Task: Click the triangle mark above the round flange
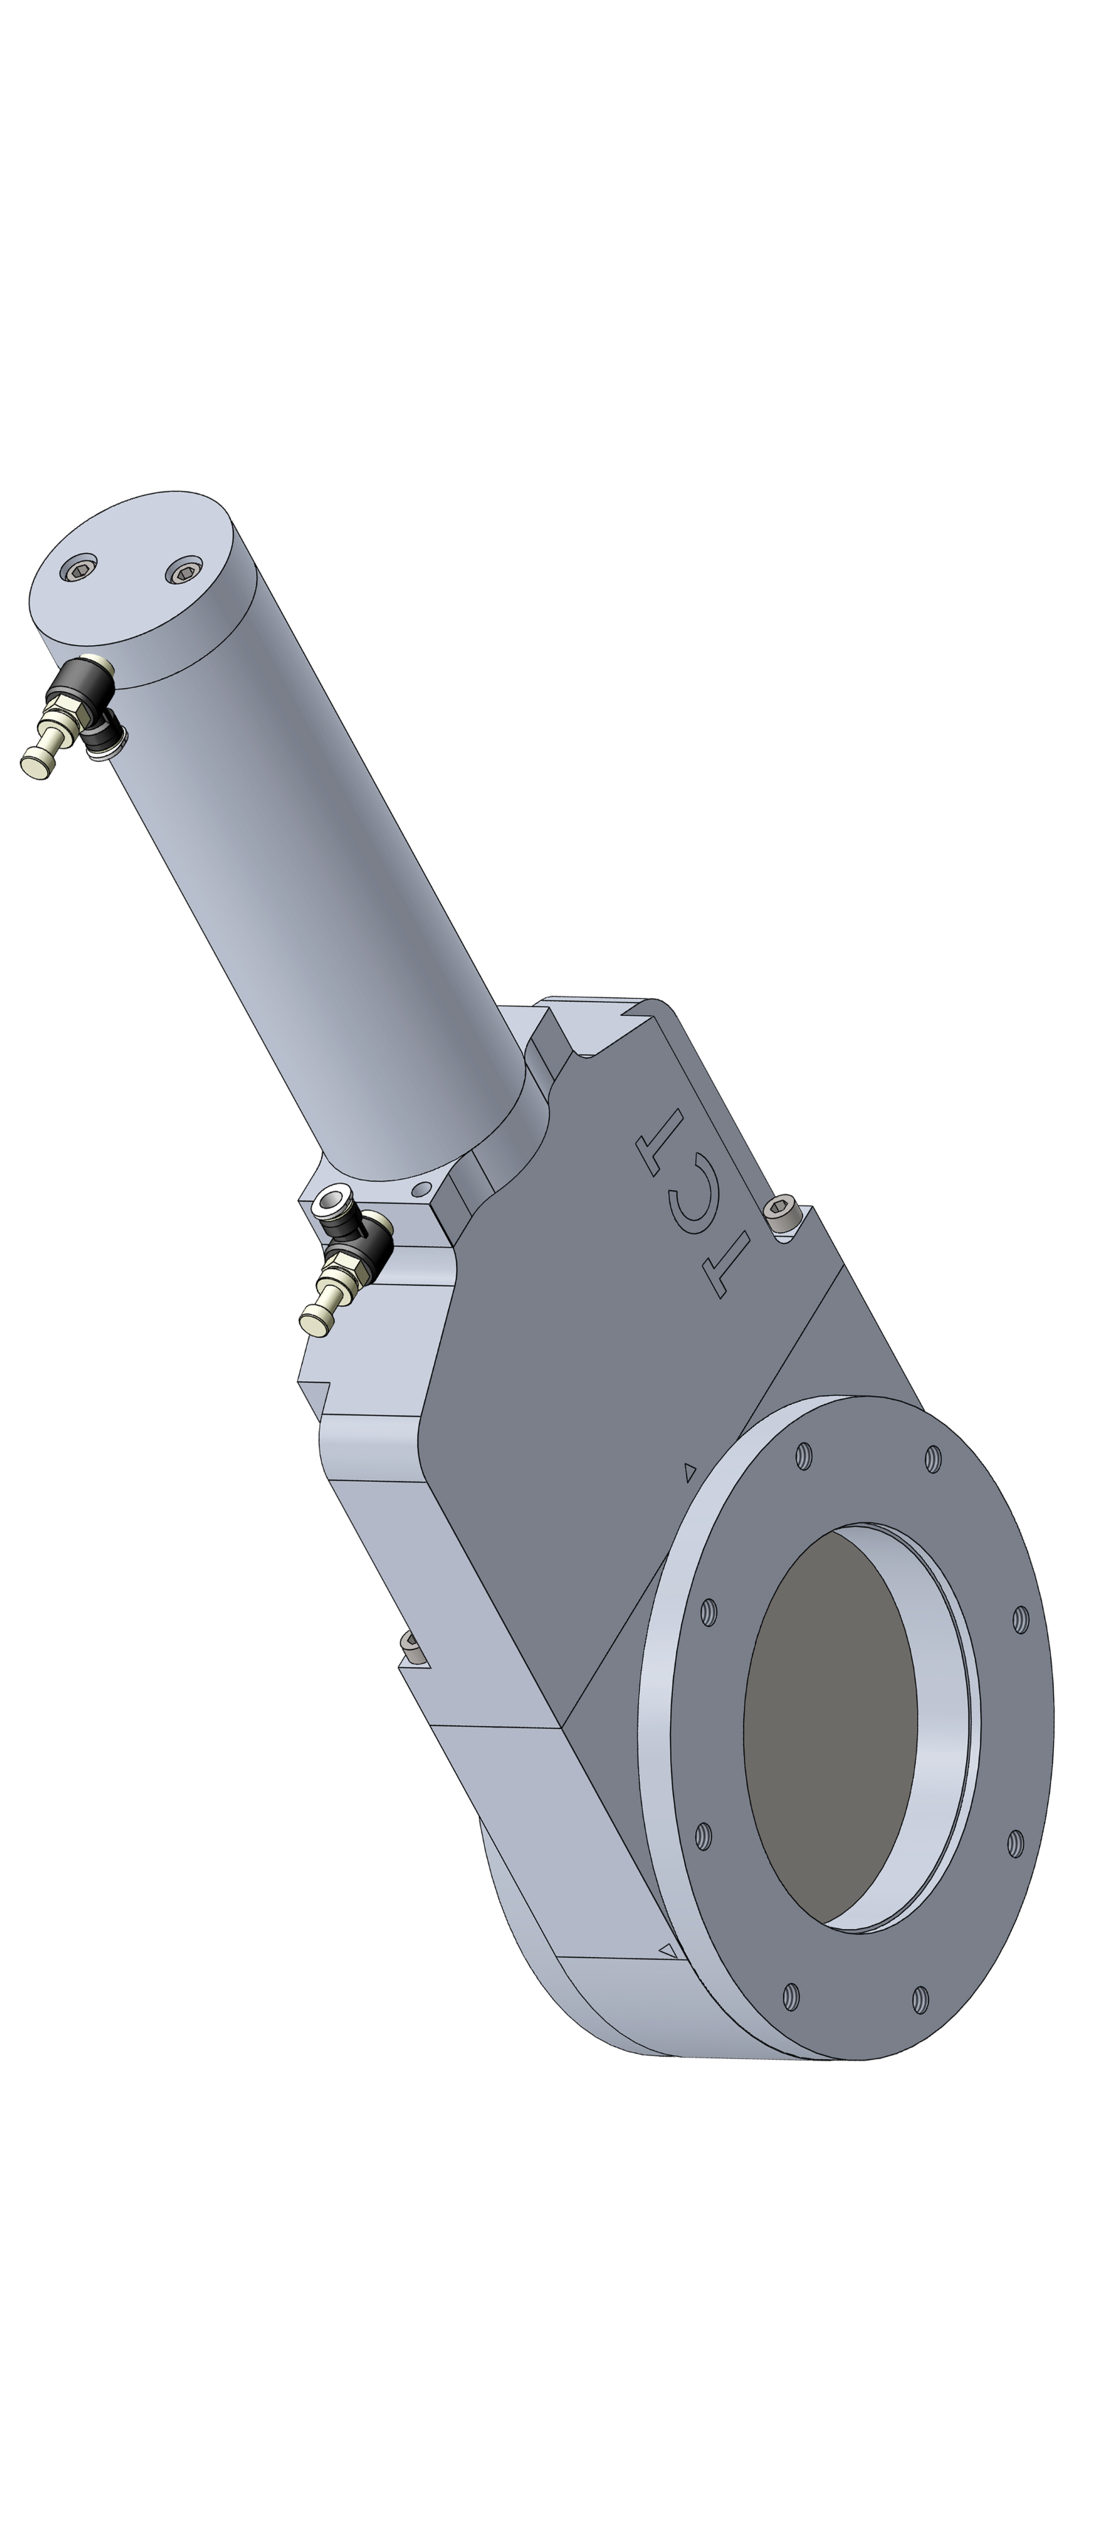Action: [690, 1471]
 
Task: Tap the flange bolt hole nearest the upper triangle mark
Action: [804, 1454]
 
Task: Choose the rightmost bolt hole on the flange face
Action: [1020, 1619]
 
